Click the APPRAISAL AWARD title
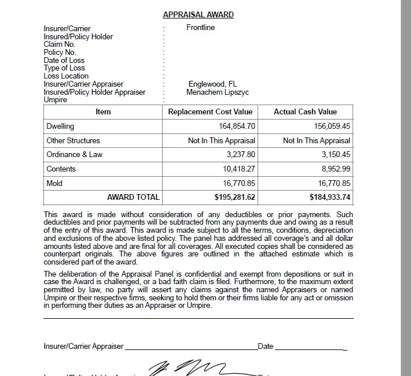198,14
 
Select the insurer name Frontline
200,28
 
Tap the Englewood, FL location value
212,84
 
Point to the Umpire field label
56,100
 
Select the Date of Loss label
64,60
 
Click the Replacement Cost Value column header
210,112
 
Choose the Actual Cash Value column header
305,112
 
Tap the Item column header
103,112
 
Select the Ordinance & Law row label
74,155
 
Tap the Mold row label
54,184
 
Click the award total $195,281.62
234,198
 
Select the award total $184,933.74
329,198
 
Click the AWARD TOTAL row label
133,198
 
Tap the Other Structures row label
73,140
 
